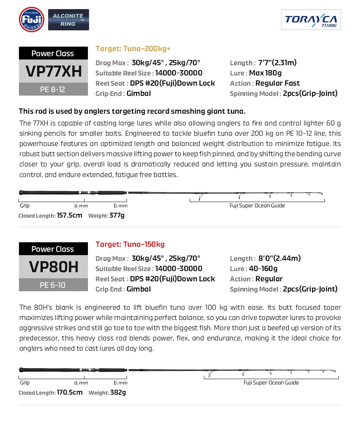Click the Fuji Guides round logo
[x=31, y=19]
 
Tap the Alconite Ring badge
[x=69, y=20]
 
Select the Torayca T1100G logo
[x=311, y=20]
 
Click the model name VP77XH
[x=53, y=71]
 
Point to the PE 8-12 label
[x=53, y=89]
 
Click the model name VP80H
[x=53, y=267]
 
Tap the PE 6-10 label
[x=53, y=285]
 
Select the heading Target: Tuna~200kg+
[x=133, y=49]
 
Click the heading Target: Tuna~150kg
[x=130, y=244]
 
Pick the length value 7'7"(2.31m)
[x=277, y=63]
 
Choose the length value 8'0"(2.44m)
[x=279, y=259]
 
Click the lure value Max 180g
[x=265, y=73]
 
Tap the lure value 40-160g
[x=263, y=269]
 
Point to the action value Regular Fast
[x=277, y=83]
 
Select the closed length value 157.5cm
[x=69, y=215]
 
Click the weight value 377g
[x=117, y=215]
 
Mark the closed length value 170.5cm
[x=69, y=392]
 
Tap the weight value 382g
[x=118, y=392]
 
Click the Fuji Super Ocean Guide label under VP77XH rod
[x=257, y=205]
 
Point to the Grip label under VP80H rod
[x=25, y=383]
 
